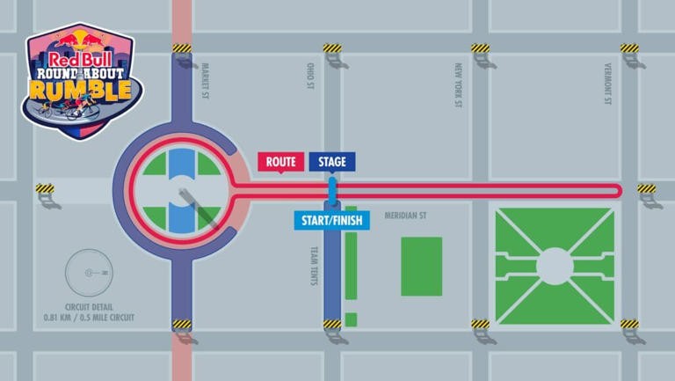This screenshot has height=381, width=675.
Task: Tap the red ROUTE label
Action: click(x=280, y=162)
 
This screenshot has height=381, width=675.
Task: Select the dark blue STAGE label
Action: click(x=332, y=162)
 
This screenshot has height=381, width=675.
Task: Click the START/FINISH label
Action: click(x=331, y=219)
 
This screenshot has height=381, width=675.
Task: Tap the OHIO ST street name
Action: click(x=309, y=76)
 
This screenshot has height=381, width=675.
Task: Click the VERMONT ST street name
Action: click(x=607, y=83)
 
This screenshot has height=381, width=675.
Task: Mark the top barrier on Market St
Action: click(x=182, y=48)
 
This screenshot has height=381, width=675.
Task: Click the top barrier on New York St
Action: click(x=480, y=48)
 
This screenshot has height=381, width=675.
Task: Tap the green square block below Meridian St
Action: click(x=421, y=266)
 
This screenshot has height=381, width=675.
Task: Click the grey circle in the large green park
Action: click(x=554, y=265)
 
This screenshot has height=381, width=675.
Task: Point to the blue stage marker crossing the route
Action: click(x=332, y=190)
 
